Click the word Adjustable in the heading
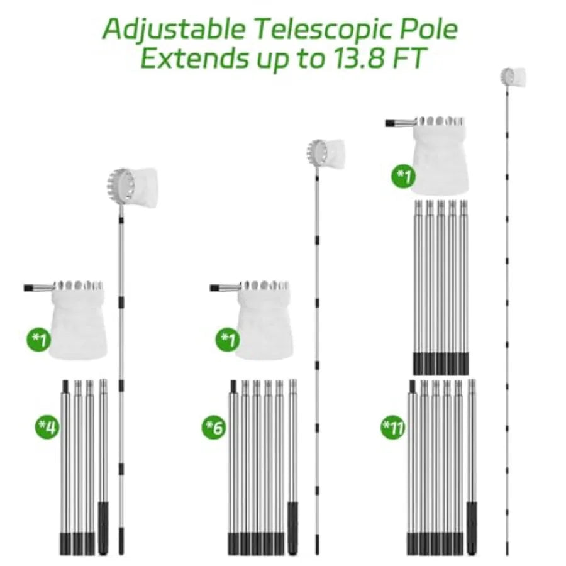pos(174,30)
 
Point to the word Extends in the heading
pos(195,58)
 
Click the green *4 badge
pos(47,427)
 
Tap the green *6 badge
pos(214,428)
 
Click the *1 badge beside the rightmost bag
pos(404,176)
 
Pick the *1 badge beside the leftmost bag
pos(38,339)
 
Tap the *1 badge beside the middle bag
pos(228,339)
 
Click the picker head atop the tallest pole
pos(513,77)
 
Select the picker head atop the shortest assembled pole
pos(133,187)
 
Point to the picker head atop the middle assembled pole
pos(326,154)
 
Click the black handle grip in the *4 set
pos(103,528)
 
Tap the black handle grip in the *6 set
pos(293,528)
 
